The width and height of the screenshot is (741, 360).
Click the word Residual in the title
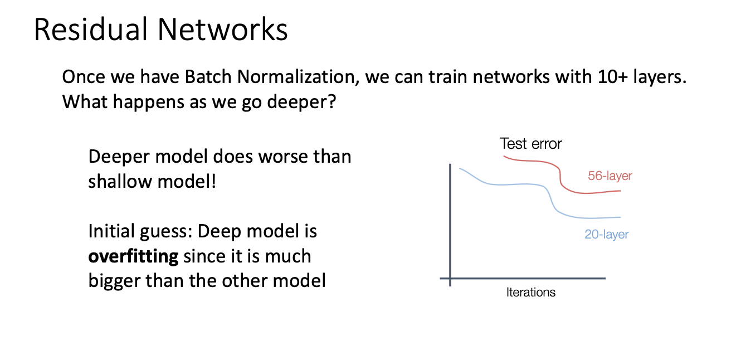click(91, 29)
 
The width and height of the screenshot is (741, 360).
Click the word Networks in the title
click(223, 29)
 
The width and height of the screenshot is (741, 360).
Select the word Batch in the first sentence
click(208, 77)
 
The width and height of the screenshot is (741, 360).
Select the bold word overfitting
click(133, 256)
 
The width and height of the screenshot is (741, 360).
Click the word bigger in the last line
click(114, 281)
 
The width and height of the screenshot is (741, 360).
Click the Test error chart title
click(530, 144)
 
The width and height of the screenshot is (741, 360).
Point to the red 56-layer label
click(610, 176)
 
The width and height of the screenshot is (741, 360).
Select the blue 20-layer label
click(606, 234)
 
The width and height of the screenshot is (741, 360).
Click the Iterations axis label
click(530, 293)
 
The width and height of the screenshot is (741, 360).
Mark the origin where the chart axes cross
click(450, 278)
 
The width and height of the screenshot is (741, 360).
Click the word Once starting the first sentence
click(84, 77)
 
